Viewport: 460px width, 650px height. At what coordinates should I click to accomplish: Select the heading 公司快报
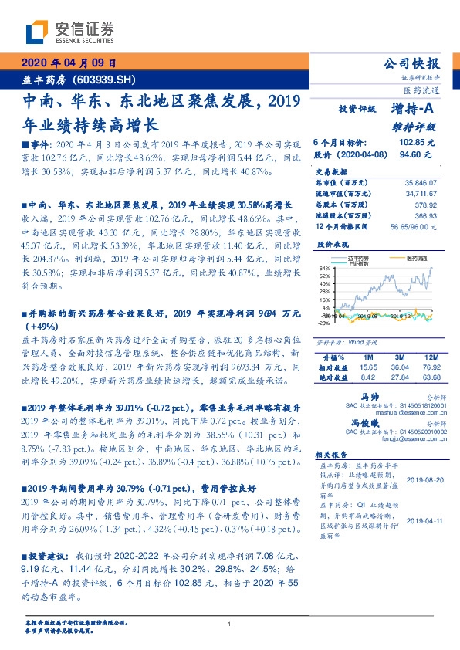coord(418,64)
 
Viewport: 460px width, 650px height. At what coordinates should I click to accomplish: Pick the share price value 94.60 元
coord(421,154)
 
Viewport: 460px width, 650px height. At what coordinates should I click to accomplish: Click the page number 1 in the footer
coord(230,624)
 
